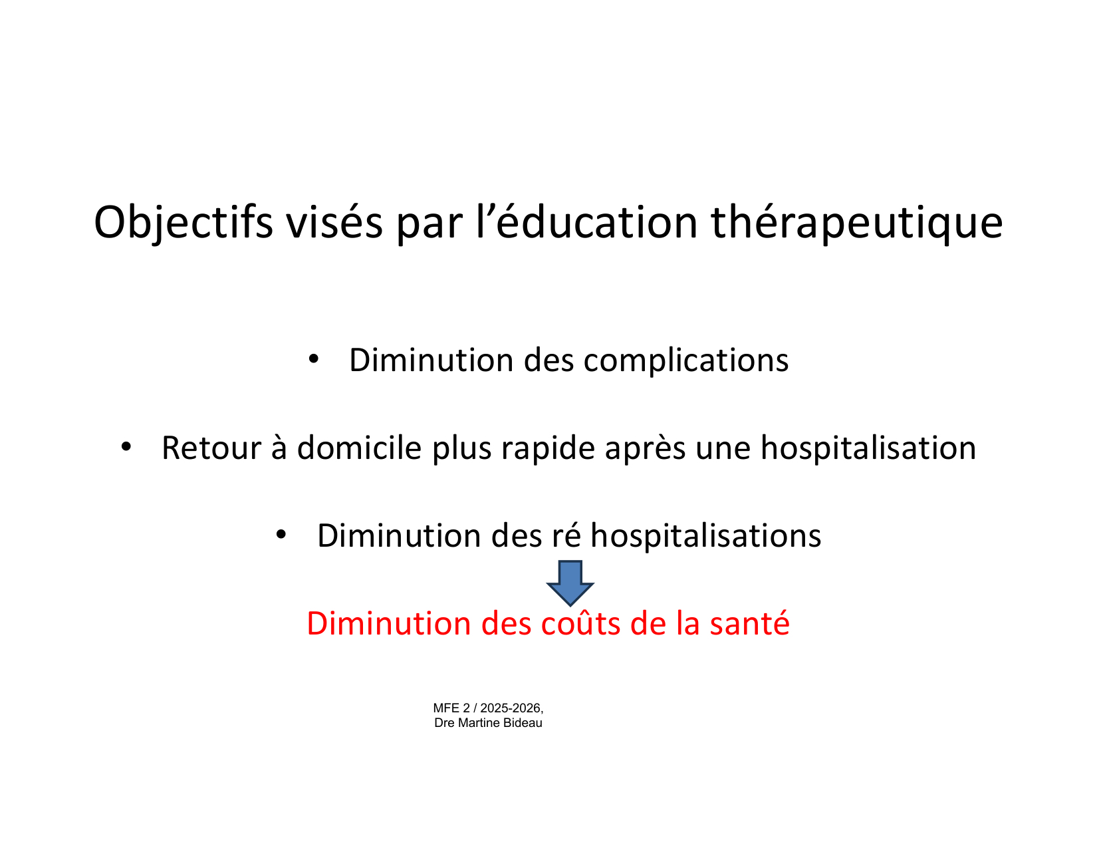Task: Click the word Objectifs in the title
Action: pyautogui.click(x=183, y=223)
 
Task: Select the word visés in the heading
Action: pyautogui.click(x=334, y=223)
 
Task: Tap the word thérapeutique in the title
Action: pyautogui.click(x=857, y=223)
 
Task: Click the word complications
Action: pyautogui.click(x=686, y=360)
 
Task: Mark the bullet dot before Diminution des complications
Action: pyautogui.click(x=314, y=359)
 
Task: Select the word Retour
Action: pyautogui.click(x=211, y=448)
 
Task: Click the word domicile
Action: pyautogui.click(x=360, y=448)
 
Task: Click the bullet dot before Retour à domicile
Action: pyautogui.click(x=126, y=446)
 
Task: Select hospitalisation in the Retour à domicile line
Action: pyautogui.click(x=868, y=448)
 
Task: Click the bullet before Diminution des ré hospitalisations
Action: pyautogui.click(x=281, y=534)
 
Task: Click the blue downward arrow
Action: pyautogui.click(x=570, y=583)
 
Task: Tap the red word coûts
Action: pyautogui.click(x=580, y=623)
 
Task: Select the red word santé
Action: pyautogui.click(x=750, y=623)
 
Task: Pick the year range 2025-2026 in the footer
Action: pyautogui.click(x=511, y=708)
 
